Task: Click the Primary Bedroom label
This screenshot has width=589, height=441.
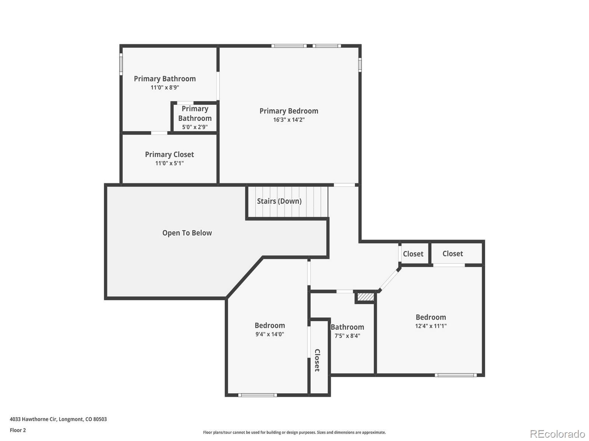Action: [x=289, y=111]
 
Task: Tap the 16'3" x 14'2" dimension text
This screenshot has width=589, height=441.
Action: [x=289, y=120]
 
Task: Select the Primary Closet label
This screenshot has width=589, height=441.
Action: [x=169, y=155]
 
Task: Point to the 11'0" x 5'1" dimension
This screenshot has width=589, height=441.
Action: [x=169, y=163]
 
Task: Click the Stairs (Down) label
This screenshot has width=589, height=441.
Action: [x=279, y=201]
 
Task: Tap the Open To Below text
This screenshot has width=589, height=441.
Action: [x=187, y=233]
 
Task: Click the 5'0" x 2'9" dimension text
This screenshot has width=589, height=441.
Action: [x=195, y=127]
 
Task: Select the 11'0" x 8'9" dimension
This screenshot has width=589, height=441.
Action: [x=165, y=87]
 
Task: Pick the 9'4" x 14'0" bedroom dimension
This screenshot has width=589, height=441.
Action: [x=269, y=334]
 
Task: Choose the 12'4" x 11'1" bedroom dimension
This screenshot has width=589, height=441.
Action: [x=431, y=326]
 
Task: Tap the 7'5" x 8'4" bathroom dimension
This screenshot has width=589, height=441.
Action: [x=347, y=336]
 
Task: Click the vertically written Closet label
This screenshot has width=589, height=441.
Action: [x=317, y=360]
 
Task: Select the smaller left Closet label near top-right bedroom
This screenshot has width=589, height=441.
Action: [x=413, y=254]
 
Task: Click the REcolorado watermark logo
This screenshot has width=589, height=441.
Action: [x=557, y=434]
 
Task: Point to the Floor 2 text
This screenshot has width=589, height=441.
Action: [x=18, y=430]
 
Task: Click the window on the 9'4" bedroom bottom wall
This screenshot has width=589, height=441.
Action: [x=257, y=395]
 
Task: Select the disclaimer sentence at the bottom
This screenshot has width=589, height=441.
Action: [x=294, y=433]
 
